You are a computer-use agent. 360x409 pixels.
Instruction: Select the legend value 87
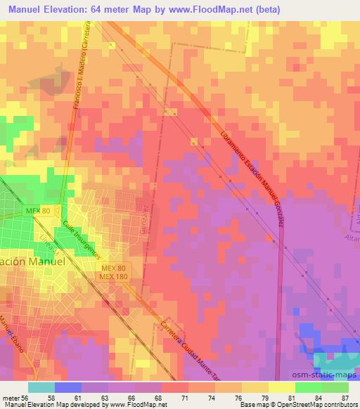344,397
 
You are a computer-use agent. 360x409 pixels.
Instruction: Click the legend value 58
51,397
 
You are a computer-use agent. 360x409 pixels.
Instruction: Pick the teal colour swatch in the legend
41,387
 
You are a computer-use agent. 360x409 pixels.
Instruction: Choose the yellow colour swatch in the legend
282,387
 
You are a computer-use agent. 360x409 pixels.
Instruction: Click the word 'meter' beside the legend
13,397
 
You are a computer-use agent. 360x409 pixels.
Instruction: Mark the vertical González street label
144,219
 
